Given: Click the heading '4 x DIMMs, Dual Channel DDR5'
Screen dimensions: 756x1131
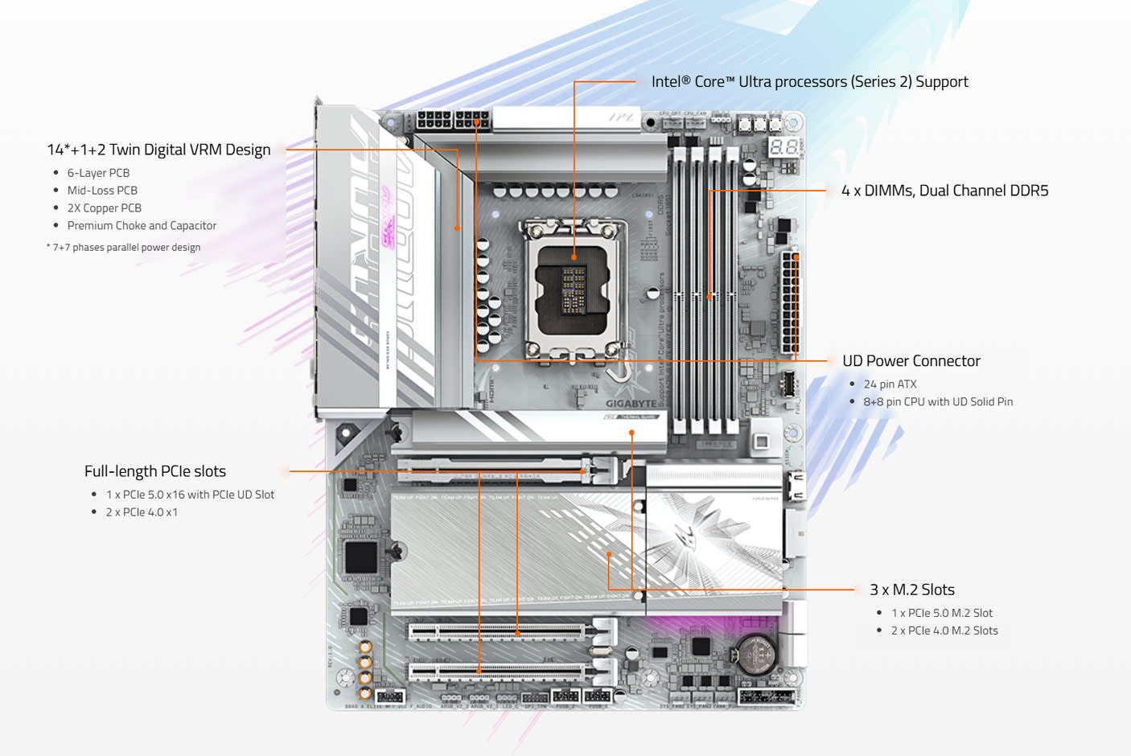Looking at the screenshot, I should (x=944, y=191).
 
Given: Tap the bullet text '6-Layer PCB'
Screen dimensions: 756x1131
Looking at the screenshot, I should (x=98, y=173).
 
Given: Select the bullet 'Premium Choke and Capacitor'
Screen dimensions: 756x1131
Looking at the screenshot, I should (x=142, y=226).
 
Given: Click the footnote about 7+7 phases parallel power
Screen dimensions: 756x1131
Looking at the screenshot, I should (x=124, y=248).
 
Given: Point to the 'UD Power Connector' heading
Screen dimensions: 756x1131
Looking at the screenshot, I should (x=911, y=361).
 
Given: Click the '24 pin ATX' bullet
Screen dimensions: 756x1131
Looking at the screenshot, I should (x=890, y=384).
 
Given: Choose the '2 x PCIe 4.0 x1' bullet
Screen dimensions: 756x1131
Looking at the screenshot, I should (x=142, y=512).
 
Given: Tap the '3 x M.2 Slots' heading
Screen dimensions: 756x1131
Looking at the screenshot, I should (x=911, y=590).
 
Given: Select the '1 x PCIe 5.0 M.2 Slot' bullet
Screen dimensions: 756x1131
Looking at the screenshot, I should (x=941, y=613).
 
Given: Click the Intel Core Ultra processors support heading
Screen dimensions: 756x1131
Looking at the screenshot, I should (x=809, y=82).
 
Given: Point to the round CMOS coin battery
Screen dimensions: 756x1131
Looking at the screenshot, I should (x=756, y=654).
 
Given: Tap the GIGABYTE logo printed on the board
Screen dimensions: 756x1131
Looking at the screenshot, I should (x=631, y=404).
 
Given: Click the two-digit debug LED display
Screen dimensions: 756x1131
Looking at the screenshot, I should (x=783, y=147).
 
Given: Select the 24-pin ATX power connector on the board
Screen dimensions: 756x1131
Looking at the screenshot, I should (x=790, y=303).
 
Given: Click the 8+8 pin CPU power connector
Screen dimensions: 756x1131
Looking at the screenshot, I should (x=453, y=121).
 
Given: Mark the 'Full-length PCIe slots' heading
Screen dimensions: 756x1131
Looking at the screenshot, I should (x=154, y=471).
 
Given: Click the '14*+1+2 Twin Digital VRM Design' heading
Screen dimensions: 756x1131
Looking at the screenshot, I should (x=158, y=150).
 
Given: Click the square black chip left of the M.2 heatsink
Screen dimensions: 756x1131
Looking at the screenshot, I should (x=360, y=557).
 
